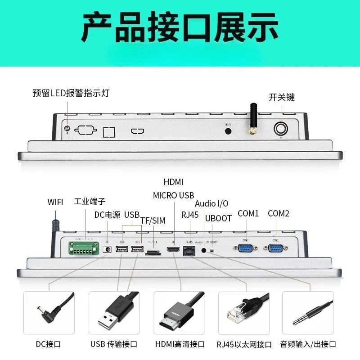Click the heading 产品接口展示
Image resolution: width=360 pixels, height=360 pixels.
tap(180, 28)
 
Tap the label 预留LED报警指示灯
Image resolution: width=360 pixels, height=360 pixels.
tap(71, 94)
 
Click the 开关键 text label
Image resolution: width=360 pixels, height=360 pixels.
tap(282, 97)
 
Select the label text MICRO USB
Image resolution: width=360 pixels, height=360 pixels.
tap(173, 195)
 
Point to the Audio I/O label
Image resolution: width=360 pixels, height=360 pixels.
tap(211, 204)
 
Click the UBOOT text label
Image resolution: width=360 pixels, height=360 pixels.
tap(218, 218)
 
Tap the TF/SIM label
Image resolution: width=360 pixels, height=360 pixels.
tap(153, 220)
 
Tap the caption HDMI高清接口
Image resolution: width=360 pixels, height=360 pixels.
tap(180, 344)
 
